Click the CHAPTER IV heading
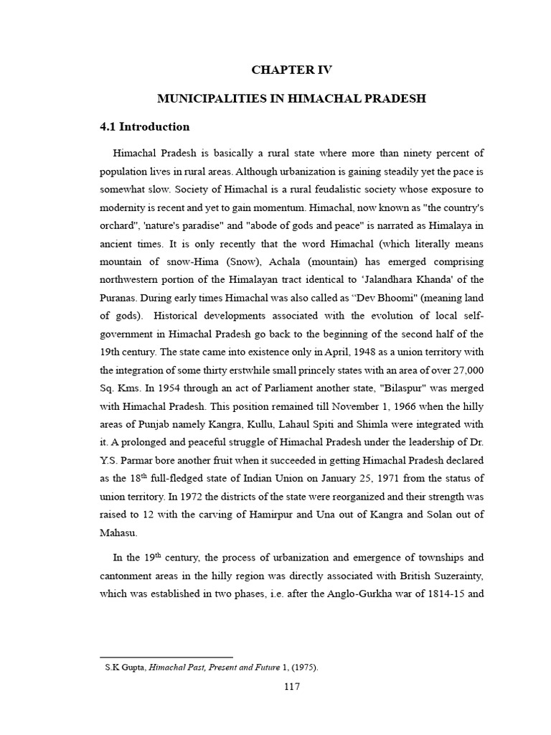(292, 70)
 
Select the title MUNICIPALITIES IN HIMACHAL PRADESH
(292, 98)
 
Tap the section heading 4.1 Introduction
(144, 127)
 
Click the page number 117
(291, 686)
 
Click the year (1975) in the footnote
(304, 667)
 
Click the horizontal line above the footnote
(166, 657)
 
